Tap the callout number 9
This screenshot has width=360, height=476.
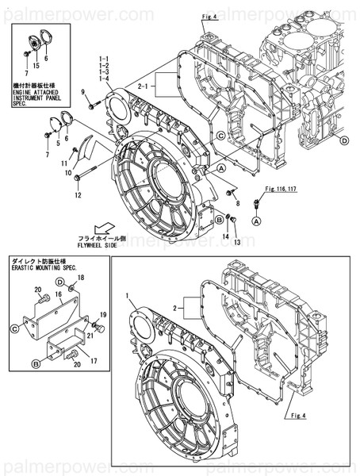tap(83, 94)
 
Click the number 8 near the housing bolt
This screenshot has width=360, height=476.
tap(237, 203)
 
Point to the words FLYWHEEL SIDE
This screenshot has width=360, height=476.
tap(100, 246)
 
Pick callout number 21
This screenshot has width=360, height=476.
tap(90, 336)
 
